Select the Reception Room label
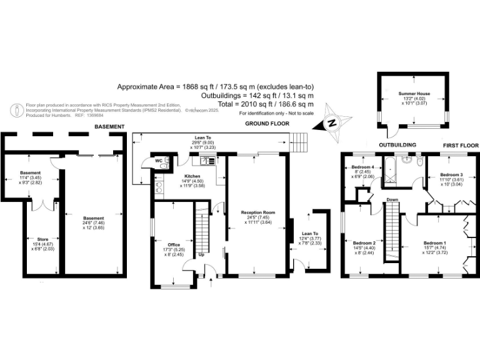[258, 212]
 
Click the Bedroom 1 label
[436, 242]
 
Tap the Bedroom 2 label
[364, 242]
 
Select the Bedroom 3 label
[451, 174]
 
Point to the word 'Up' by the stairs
[201, 254]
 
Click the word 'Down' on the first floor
[392, 200]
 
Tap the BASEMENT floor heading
[109, 127]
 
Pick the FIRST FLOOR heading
[461, 145]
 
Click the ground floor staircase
[201, 228]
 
